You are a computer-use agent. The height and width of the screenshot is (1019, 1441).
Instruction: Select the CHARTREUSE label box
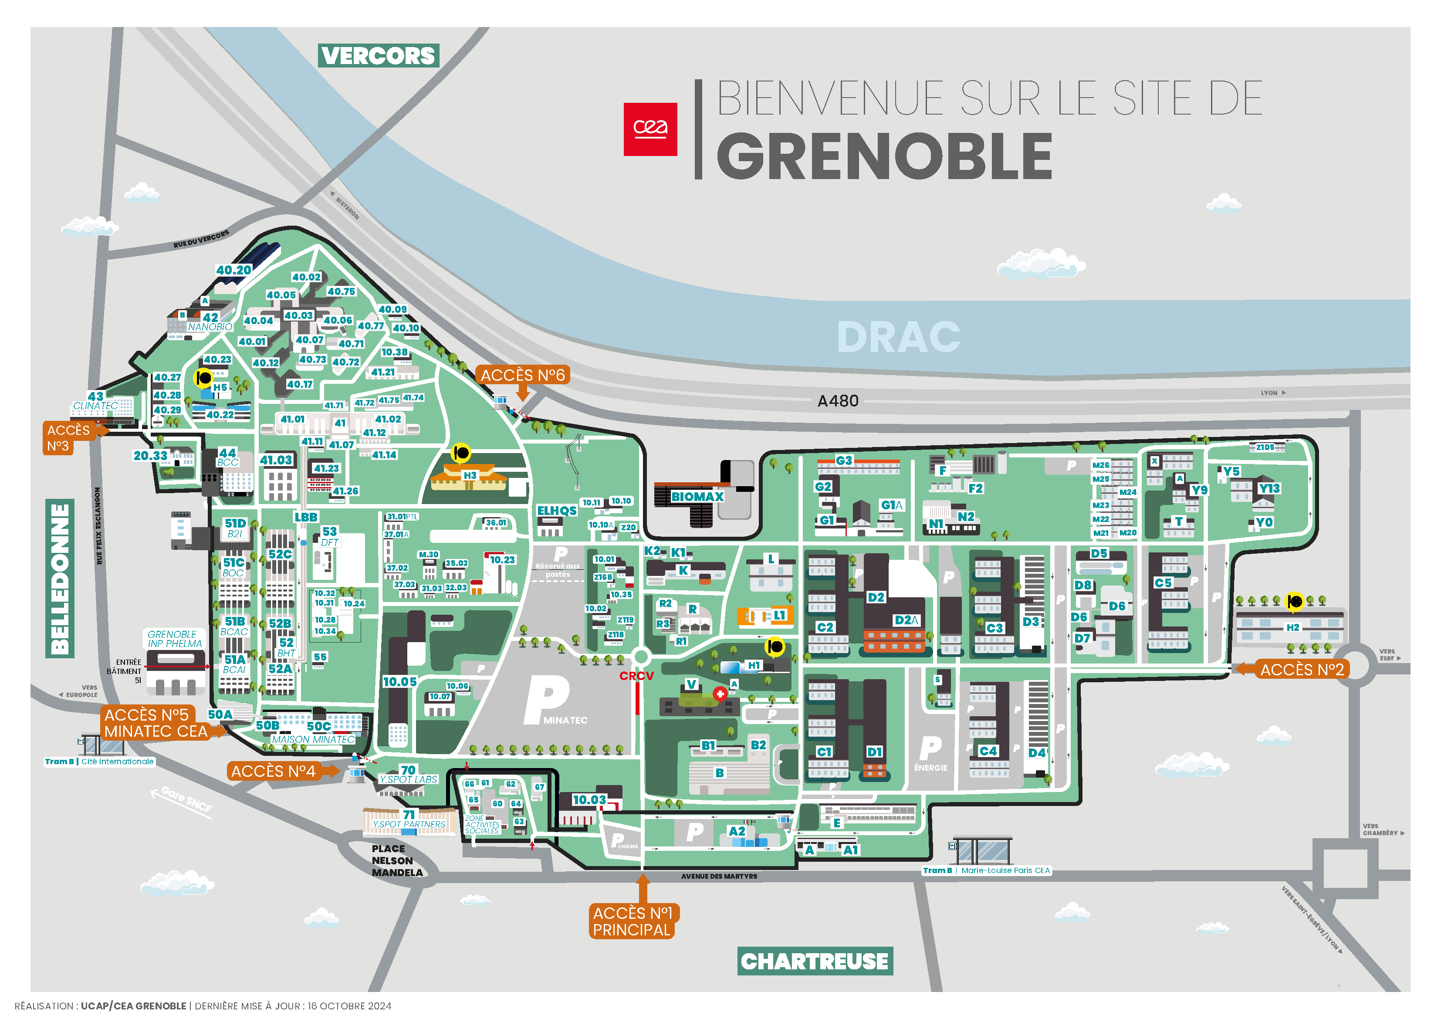tap(814, 961)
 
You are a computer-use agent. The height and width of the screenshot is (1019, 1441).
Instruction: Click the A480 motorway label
tap(837, 400)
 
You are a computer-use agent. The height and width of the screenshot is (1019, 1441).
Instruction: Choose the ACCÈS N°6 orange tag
tap(522, 375)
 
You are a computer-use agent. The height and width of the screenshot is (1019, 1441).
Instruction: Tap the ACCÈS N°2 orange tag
tap(1302, 669)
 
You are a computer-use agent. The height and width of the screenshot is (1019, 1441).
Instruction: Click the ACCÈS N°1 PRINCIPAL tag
tap(632, 921)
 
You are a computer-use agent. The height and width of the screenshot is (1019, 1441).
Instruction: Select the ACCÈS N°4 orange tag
tap(273, 771)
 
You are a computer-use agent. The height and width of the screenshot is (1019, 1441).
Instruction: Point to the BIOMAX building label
tap(697, 497)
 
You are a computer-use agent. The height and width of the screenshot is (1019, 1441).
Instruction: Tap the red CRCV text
tap(636, 676)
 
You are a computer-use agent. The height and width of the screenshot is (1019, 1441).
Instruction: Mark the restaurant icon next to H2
tap(1294, 602)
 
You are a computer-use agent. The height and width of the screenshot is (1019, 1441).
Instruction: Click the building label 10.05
tap(399, 682)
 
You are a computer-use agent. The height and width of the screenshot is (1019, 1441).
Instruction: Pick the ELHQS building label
tap(556, 511)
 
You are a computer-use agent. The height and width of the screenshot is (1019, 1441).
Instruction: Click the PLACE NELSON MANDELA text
tap(397, 860)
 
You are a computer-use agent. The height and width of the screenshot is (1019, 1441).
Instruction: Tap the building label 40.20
tap(233, 270)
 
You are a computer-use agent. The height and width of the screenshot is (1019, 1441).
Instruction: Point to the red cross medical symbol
tap(720, 694)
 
